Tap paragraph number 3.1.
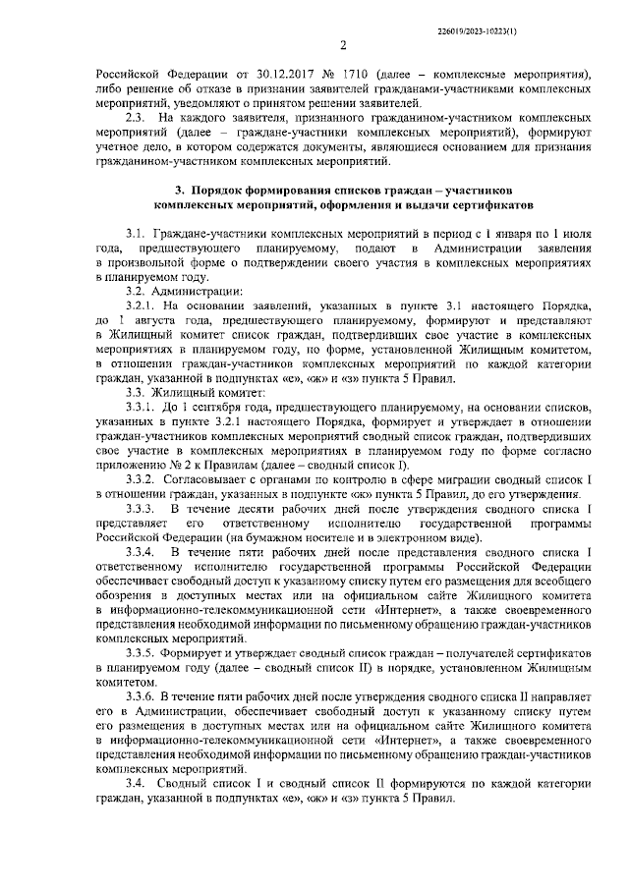tap(135, 237)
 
